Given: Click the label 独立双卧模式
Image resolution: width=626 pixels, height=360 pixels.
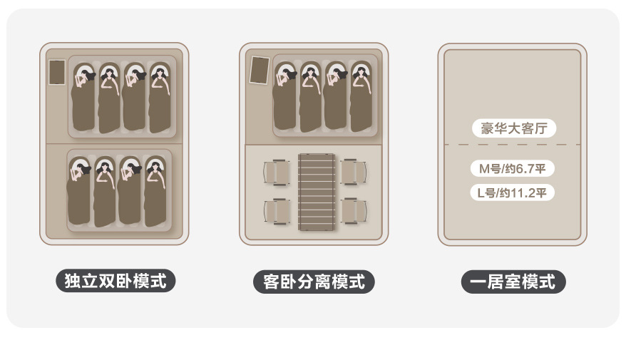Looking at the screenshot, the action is click(116, 281).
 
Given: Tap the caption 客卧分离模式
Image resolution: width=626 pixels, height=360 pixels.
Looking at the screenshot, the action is click(314, 282).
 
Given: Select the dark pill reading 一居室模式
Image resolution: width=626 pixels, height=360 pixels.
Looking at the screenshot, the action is click(513, 282).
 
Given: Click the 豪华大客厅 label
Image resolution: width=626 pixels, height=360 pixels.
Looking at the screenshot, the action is click(513, 129).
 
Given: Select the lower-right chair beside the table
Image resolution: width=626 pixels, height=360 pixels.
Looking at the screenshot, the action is click(354, 211).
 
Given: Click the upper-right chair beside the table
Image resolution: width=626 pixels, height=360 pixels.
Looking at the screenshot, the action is click(354, 173).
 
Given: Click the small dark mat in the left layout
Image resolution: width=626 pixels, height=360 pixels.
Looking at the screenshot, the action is click(57, 72).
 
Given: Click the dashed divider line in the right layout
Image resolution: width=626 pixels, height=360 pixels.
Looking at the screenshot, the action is click(513, 145).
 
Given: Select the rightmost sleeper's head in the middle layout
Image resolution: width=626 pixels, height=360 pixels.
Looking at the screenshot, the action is click(360, 70).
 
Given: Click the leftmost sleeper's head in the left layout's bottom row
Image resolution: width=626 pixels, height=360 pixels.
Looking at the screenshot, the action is click(78, 168).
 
